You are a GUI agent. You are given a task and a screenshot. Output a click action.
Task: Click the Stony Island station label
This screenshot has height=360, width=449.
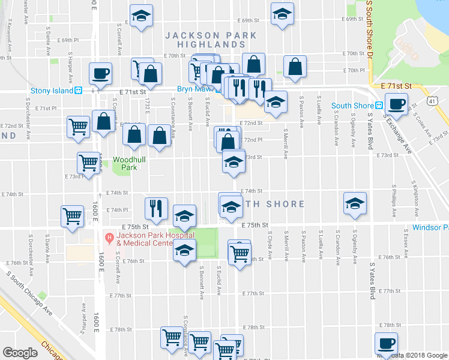point(52,91)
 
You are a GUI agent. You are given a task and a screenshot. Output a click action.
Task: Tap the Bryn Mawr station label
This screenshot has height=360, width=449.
point(191,89)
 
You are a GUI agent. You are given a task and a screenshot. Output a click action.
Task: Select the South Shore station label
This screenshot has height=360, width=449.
point(354,106)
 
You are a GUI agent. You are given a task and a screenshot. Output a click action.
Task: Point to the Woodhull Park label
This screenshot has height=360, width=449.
point(125,163)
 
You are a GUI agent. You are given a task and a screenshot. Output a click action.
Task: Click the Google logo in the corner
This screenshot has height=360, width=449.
point(20,353)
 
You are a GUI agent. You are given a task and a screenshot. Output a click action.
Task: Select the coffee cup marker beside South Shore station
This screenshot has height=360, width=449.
point(396,104)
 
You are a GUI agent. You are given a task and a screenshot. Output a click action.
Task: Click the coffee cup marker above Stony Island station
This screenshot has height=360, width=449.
point(100,74)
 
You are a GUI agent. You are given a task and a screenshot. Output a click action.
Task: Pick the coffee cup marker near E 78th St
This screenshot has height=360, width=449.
point(386,344)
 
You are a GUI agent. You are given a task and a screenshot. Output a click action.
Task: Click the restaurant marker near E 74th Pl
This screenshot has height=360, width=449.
point(155,208)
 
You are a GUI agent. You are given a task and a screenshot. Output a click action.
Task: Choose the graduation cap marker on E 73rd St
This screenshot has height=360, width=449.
point(234,161)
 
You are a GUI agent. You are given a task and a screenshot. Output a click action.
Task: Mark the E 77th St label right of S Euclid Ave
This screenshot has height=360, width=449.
point(254,293)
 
